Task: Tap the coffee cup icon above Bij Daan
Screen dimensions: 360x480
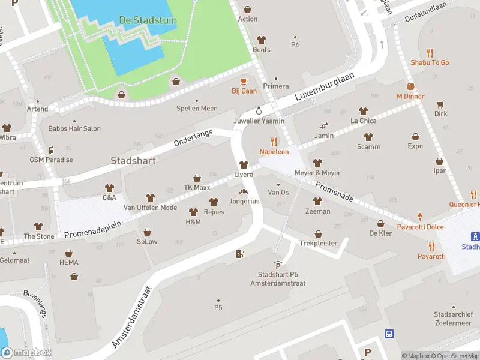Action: [x=244, y=81]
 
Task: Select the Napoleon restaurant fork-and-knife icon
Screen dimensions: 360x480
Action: [x=274, y=142]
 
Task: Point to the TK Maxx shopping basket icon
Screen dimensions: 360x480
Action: [x=197, y=178]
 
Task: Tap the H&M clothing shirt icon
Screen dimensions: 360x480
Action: [x=193, y=212]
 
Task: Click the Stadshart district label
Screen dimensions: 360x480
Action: [x=133, y=161]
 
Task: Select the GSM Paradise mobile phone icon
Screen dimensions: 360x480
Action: [x=51, y=150]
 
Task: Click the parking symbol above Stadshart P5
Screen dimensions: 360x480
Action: [x=277, y=265]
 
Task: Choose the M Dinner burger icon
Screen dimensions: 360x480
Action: [x=410, y=86]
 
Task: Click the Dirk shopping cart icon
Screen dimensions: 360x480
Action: [x=441, y=104]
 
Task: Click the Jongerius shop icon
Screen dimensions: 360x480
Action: [x=244, y=191]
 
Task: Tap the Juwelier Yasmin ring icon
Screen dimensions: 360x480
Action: [x=259, y=110]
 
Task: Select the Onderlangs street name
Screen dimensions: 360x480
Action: [x=193, y=139]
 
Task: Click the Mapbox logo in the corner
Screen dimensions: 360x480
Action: [x=26, y=353]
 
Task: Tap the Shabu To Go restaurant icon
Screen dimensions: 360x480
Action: [x=430, y=52]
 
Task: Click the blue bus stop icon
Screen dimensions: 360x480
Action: [x=389, y=334]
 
